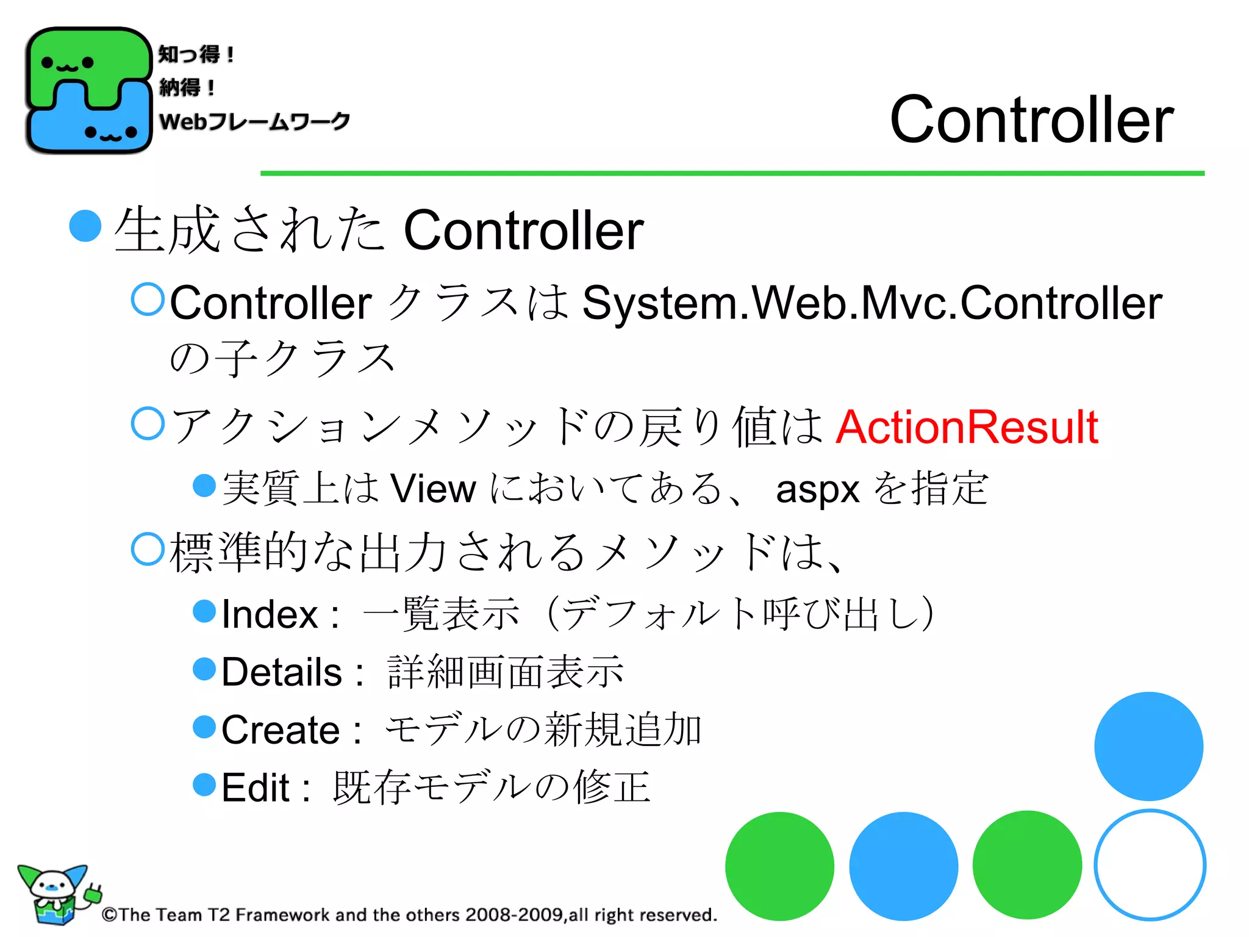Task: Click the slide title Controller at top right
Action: [x=1031, y=120]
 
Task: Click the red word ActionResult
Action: [x=967, y=427]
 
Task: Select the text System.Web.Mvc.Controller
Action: [x=872, y=303]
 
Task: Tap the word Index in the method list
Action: [x=270, y=614]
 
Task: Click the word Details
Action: [x=282, y=672]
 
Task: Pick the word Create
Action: [x=281, y=730]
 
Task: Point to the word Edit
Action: [x=255, y=788]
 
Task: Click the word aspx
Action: [x=817, y=489]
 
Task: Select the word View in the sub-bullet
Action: [x=433, y=489]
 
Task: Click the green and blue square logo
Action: [x=88, y=90]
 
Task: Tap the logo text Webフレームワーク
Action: [x=254, y=121]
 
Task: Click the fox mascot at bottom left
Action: [x=55, y=894]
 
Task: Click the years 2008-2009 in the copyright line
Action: [x=514, y=914]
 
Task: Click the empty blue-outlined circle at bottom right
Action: [x=1150, y=865]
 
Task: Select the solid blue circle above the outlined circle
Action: [x=1148, y=746]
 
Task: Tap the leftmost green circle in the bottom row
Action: [x=779, y=866]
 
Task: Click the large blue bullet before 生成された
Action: [x=85, y=226]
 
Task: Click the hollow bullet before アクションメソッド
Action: [x=148, y=423]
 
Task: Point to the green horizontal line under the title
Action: [x=732, y=173]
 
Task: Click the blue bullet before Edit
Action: [x=204, y=784]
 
